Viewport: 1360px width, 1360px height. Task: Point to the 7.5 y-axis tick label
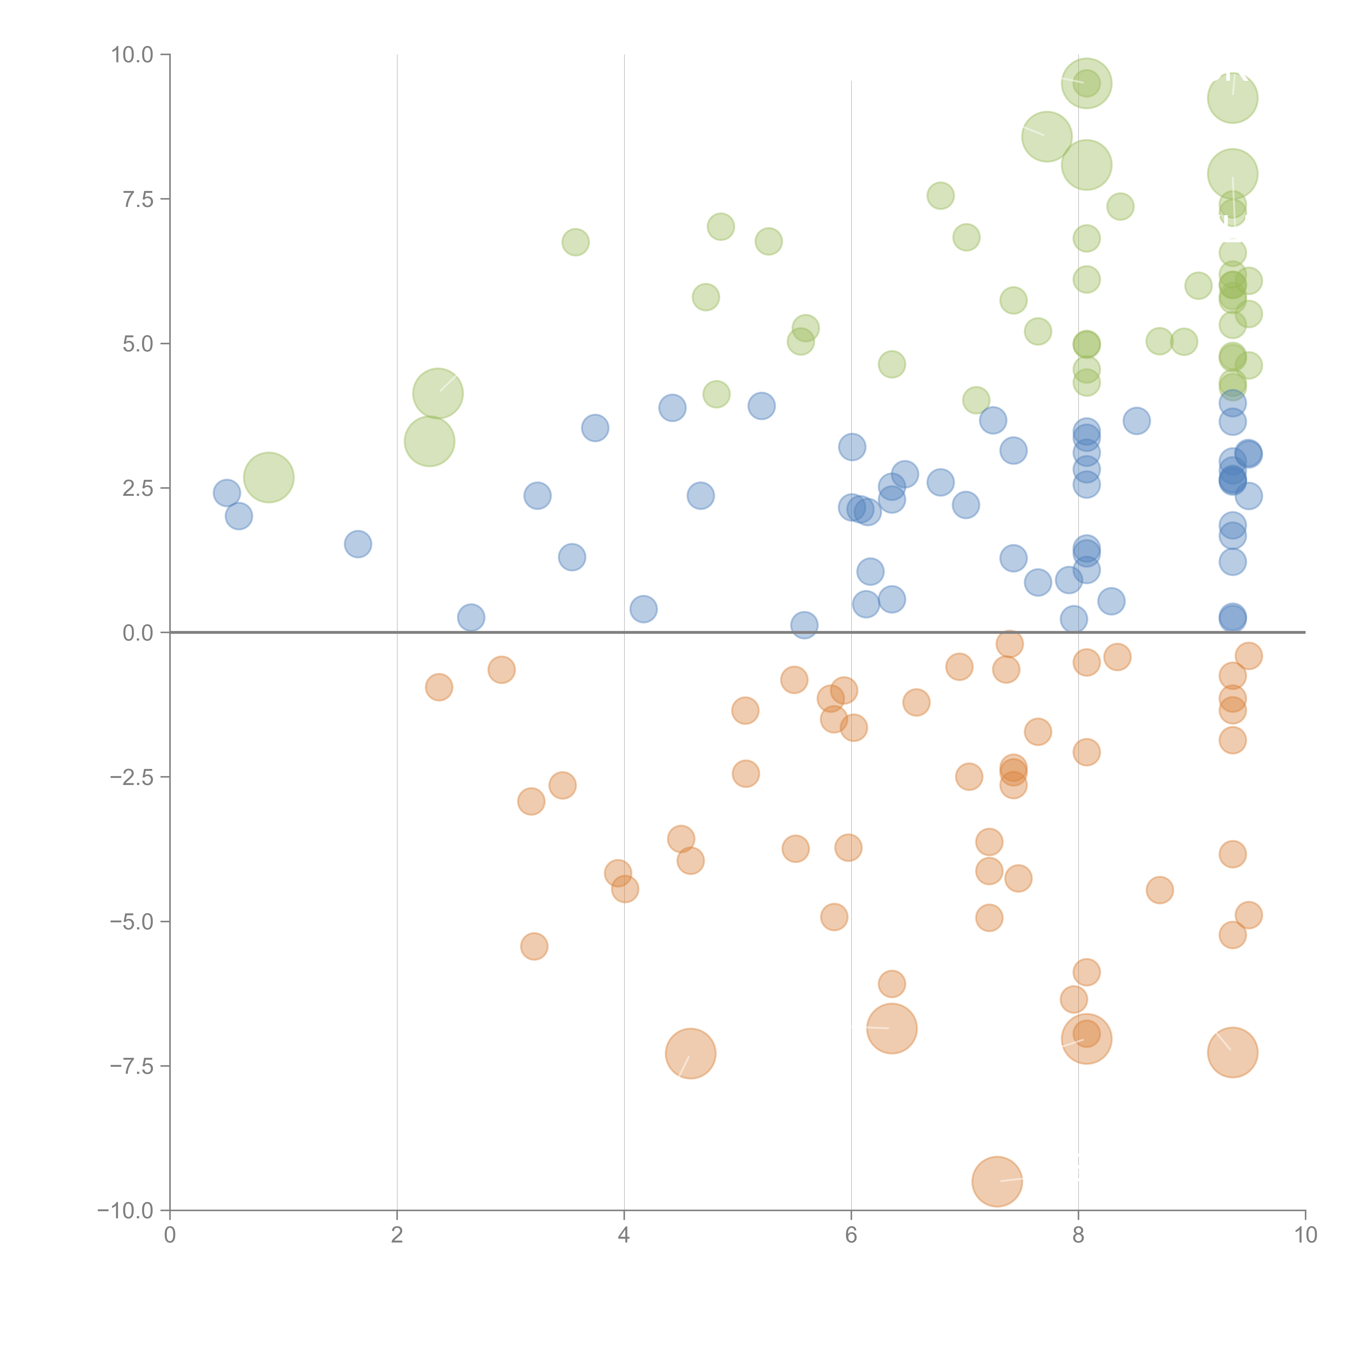click(x=138, y=199)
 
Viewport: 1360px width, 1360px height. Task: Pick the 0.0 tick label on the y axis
click(x=138, y=633)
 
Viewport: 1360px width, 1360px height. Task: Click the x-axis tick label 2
click(x=397, y=1235)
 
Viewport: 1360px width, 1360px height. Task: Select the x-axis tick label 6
click(x=851, y=1235)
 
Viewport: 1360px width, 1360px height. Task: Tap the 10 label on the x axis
click(x=1305, y=1235)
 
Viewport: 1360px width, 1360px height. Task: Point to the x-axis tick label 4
click(x=624, y=1235)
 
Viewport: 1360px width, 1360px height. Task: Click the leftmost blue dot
click(x=227, y=493)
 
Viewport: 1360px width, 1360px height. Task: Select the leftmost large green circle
click(x=268, y=477)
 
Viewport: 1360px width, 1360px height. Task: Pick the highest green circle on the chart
click(x=1086, y=83)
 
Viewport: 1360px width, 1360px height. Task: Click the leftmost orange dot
click(x=438, y=687)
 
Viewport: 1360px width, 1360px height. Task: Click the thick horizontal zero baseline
click(x=704, y=632)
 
